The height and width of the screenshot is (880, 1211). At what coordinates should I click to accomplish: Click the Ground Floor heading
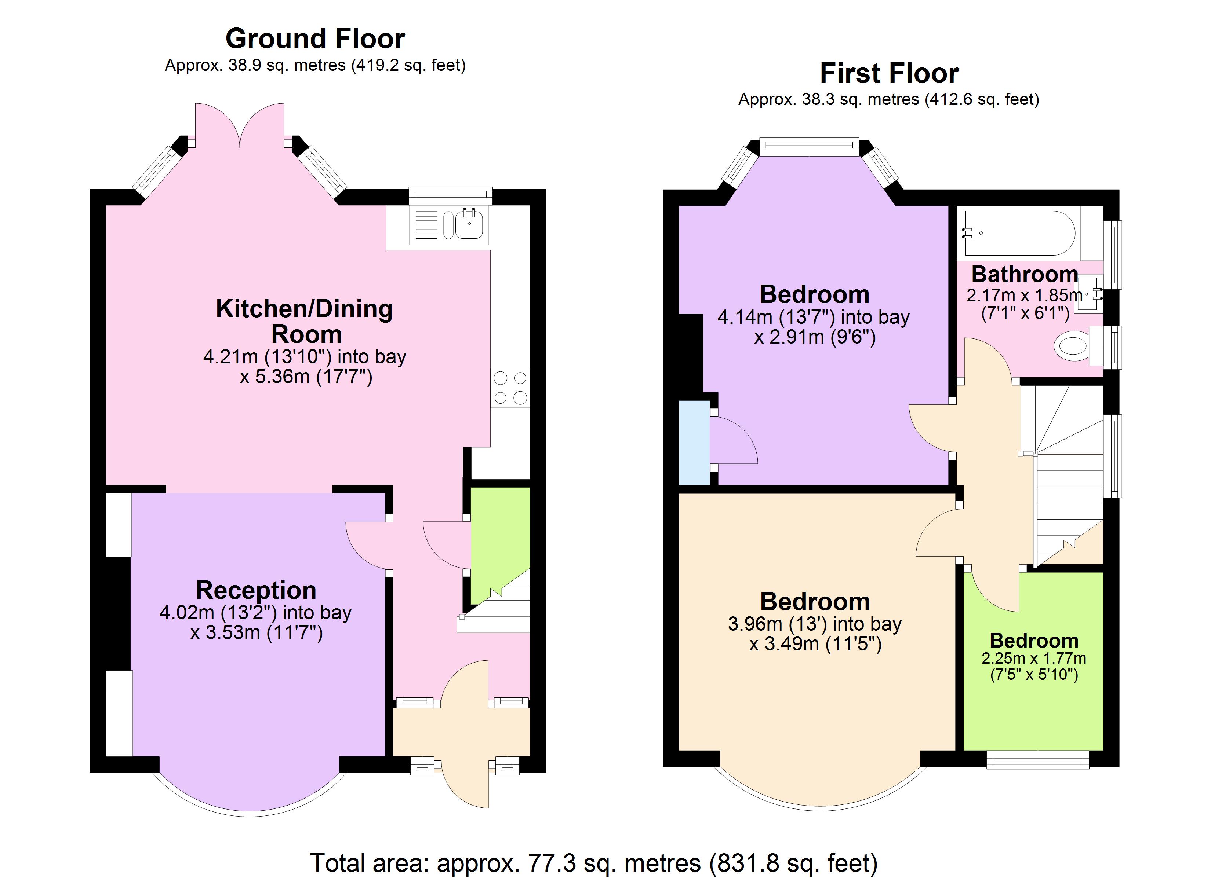click(x=315, y=39)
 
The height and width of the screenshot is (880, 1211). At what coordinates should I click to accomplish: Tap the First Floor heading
click(x=889, y=73)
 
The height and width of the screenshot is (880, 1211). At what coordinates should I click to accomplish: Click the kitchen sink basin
click(x=470, y=224)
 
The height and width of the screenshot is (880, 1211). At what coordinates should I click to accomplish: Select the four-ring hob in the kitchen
click(x=510, y=388)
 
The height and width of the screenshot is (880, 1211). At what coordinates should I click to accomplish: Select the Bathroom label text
click(x=1024, y=274)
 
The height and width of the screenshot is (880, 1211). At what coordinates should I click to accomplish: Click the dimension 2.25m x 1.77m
click(x=1033, y=658)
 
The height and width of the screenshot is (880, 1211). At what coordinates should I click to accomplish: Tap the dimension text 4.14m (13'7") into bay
click(x=813, y=317)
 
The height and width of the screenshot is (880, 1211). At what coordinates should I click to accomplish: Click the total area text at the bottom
click(x=594, y=863)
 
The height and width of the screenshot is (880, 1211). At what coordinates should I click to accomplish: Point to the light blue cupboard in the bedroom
click(x=694, y=443)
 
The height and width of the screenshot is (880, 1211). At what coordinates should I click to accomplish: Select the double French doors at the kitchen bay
click(x=240, y=125)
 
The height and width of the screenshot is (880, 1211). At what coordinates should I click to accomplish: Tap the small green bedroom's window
click(x=1037, y=759)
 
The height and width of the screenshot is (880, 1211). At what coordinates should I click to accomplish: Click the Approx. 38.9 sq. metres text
click(x=315, y=65)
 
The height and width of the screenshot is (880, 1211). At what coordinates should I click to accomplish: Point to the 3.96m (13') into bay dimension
click(x=814, y=623)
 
